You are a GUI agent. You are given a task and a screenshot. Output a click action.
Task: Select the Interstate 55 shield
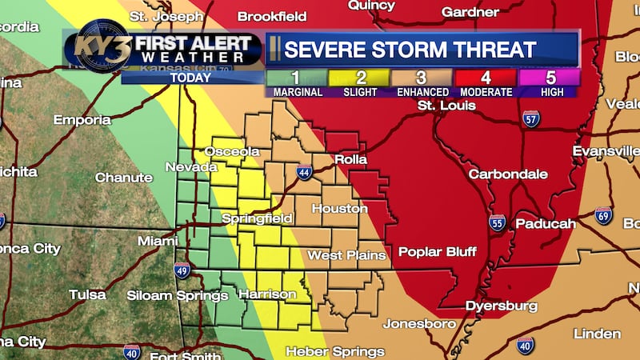497,222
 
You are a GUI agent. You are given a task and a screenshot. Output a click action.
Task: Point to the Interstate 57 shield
531,118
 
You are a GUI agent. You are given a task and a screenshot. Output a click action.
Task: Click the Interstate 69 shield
603,214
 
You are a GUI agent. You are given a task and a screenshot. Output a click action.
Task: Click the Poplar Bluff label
438,251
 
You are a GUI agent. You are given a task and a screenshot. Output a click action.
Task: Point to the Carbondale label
508,174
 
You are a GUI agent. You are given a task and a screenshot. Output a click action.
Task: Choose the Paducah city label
545,224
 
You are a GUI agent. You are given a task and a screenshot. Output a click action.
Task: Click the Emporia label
82,120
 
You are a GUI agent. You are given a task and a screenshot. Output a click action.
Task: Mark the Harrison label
268,294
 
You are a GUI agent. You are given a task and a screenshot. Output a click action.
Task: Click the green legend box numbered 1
295,78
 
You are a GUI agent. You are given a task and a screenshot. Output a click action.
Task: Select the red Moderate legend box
484,78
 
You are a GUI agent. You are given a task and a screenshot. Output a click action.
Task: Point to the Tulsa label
87,294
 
